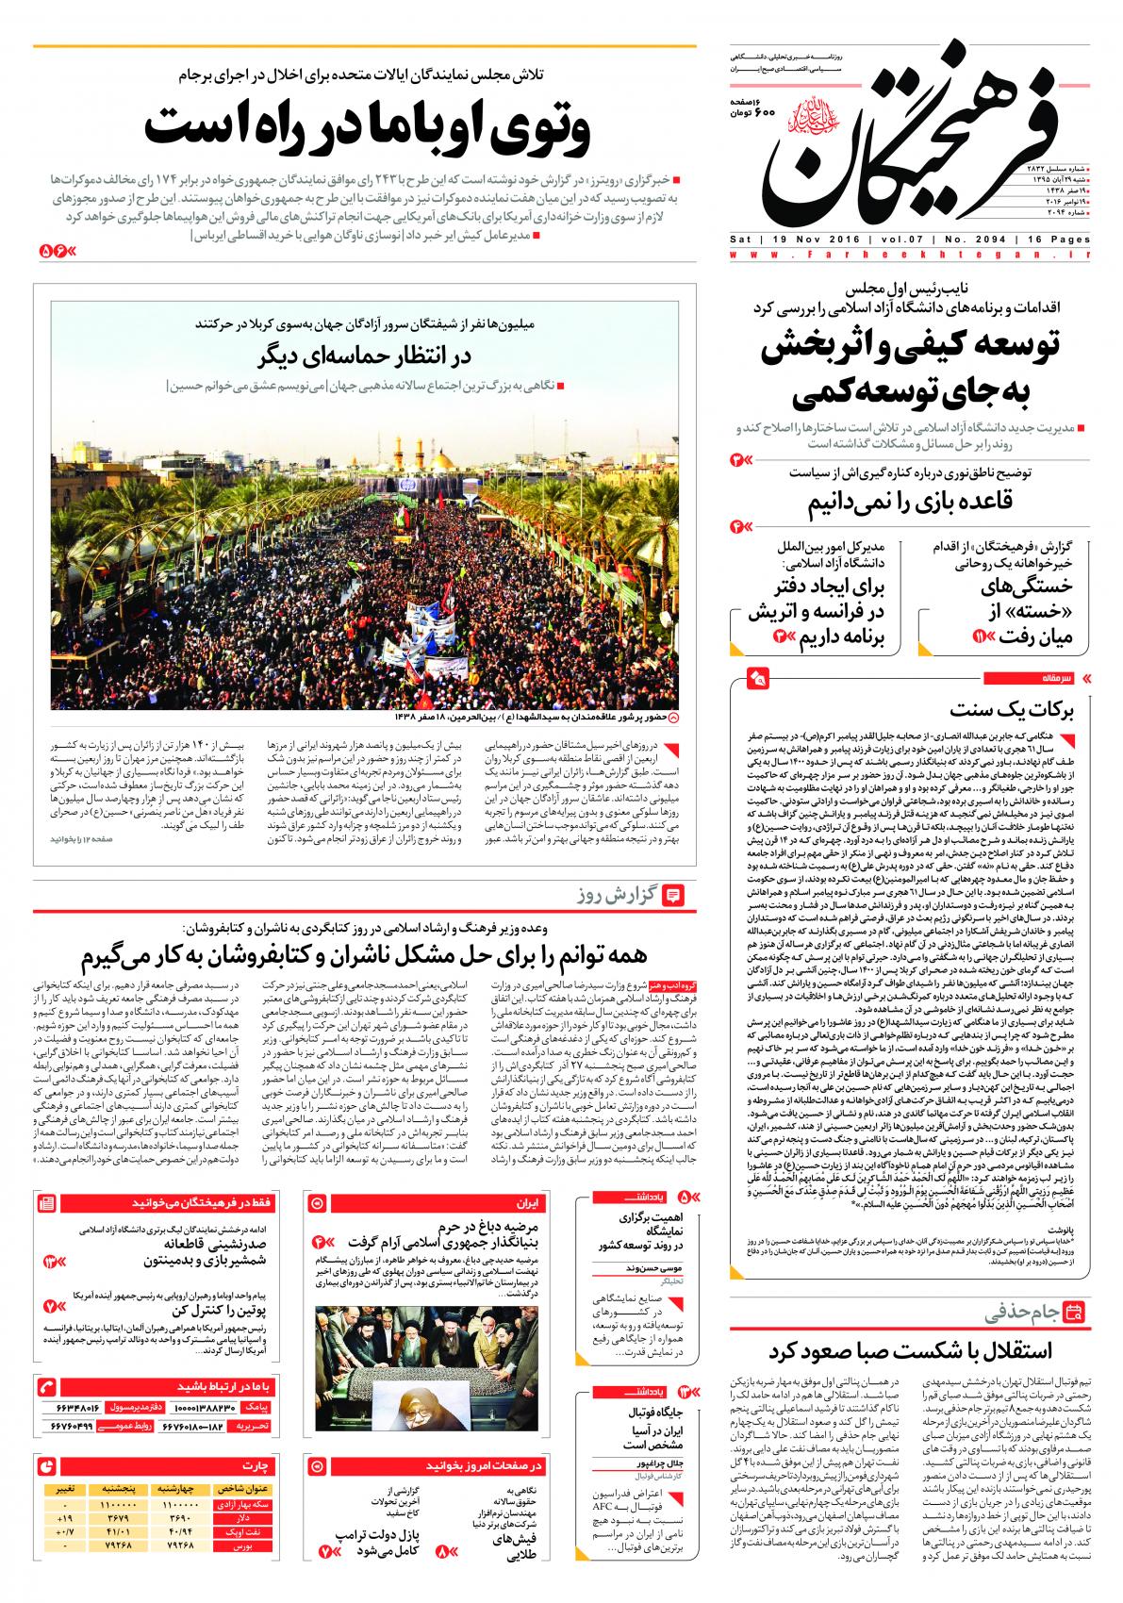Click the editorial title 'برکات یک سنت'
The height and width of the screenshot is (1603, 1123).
(x=1032, y=709)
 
